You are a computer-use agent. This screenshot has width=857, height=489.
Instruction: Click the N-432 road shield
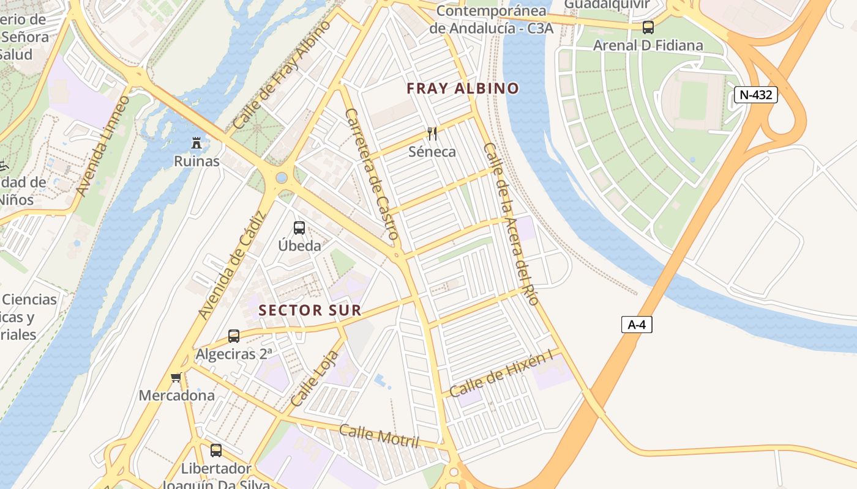(755, 95)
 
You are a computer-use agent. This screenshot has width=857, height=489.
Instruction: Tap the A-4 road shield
(637, 325)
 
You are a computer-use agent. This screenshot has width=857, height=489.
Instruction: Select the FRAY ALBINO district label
(463, 88)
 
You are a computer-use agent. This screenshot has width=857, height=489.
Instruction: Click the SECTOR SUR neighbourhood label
(310, 311)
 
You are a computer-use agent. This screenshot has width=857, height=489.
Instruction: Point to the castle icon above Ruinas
(196, 144)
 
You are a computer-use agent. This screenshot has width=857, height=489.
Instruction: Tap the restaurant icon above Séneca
(432, 134)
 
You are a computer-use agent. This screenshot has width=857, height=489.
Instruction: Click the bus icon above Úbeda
(299, 228)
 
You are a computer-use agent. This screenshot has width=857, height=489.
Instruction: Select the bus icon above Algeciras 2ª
(234, 336)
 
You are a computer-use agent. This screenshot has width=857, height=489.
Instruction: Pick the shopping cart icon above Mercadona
(176, 378)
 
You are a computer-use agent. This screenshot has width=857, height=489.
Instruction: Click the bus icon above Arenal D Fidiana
(648, 28)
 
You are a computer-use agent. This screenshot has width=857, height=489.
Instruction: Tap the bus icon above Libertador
(216, 450)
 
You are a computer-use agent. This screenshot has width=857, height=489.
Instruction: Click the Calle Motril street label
(379, 436)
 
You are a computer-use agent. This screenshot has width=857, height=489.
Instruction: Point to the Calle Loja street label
(315, 379)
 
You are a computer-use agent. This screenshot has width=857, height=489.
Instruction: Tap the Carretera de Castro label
(372, 174)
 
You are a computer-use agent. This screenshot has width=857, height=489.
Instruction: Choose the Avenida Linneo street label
(103, 146)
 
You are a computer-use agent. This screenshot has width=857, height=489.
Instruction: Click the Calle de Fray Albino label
(282, 75)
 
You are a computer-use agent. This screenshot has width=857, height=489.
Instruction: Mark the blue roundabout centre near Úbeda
(282, 178)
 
